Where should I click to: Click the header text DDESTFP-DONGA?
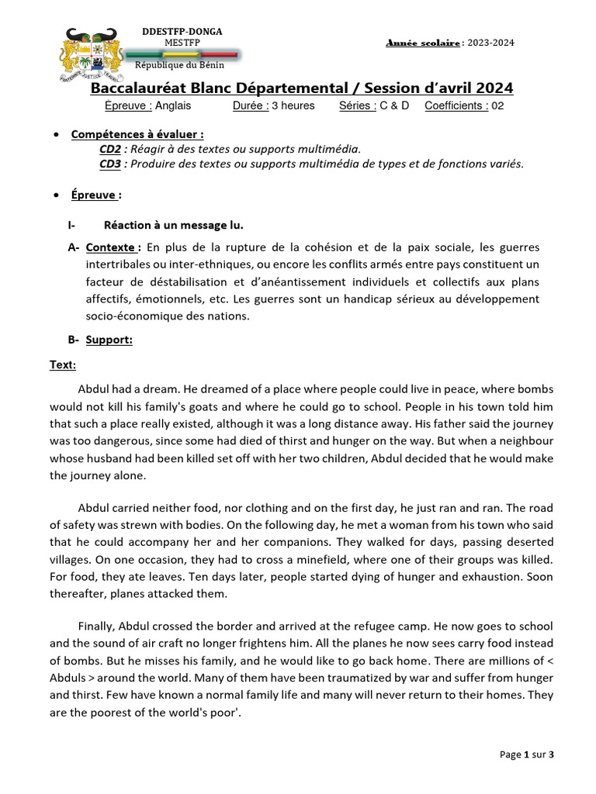(x=182, y=32)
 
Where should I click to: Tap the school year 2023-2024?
(x=490, y=43)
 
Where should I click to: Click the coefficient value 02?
(x=497, y=105)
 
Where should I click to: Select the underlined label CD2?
(x=110, y=149)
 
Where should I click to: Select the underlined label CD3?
(x=110, y=164)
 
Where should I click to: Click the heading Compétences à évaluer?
(x=137, y=134)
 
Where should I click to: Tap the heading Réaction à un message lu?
(x=173, y=226)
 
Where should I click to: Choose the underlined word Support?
(x=109, y=340)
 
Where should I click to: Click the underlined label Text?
(x=63, y=364)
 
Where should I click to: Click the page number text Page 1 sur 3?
(x=527, y=754)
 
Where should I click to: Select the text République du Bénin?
(x=180, y=65)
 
